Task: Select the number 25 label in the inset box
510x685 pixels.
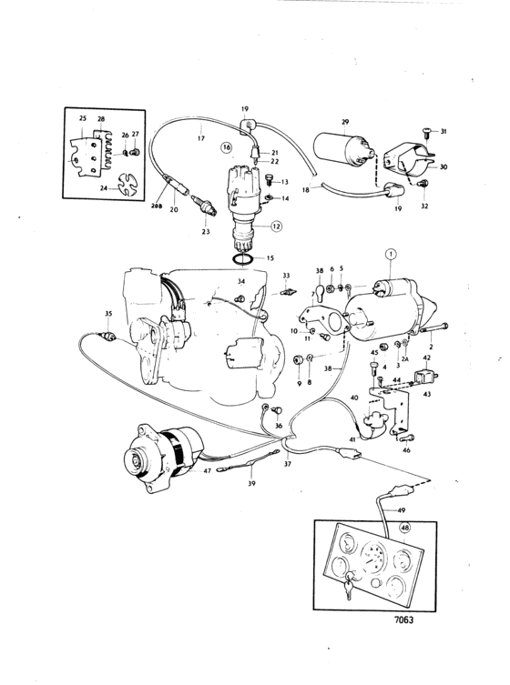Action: [x=83, y=120]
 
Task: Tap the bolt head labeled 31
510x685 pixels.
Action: [x=427, y=133]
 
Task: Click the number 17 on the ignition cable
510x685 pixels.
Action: [x=199, y=138]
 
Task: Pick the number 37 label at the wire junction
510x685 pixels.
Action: [x=287, y=464]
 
